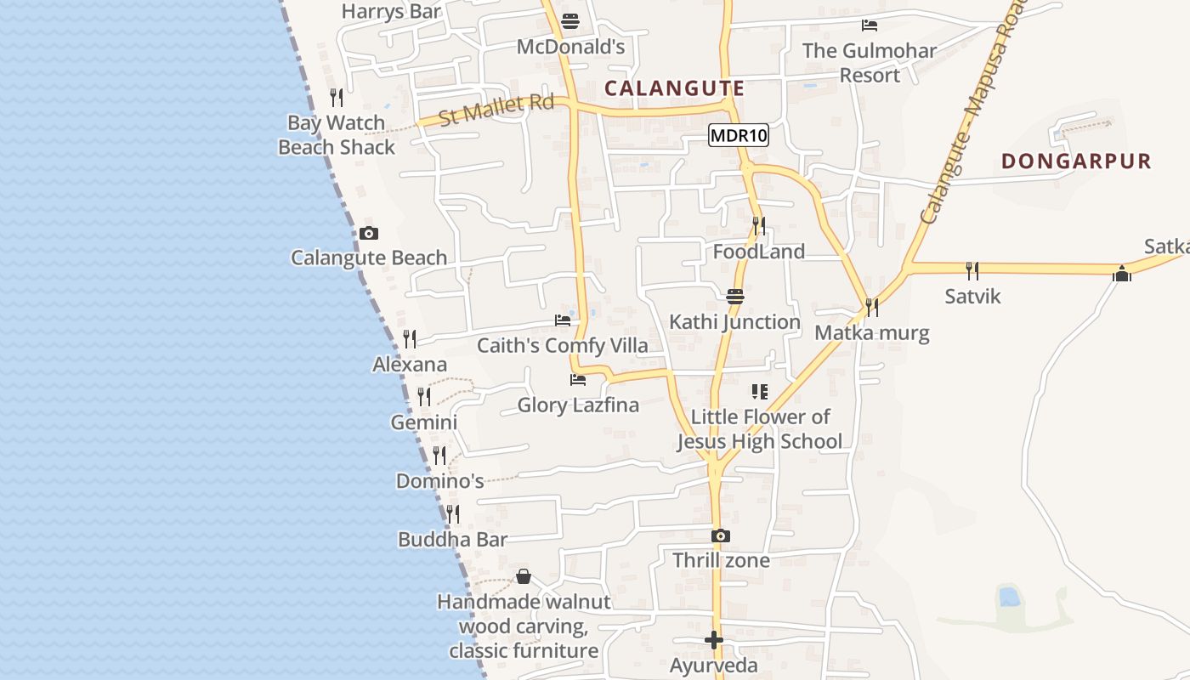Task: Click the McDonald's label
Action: coord(570,46)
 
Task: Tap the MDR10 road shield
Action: coord(738,135)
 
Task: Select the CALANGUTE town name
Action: coord(674,88)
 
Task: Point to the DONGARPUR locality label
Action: coord(1075,161)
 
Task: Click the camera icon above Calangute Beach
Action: coord(369,233)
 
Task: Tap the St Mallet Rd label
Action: coord(496,110)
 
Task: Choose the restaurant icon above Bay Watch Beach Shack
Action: coord(337,98)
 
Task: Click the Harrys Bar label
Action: coord(391,12)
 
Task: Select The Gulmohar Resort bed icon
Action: coord(869,25)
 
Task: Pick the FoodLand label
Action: coord(758,252)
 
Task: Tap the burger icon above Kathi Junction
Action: coord(735,296)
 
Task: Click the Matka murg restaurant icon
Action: coord(872,307)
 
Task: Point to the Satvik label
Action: coord(972,297)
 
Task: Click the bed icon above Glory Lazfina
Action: coord(578,379)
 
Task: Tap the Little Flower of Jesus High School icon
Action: coord(760,392)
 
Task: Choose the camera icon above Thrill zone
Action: coord(721,535)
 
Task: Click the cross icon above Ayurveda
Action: coord(714,640)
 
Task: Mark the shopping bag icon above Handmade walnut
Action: coord(524,576)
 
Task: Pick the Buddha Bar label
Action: coord(452,540)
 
